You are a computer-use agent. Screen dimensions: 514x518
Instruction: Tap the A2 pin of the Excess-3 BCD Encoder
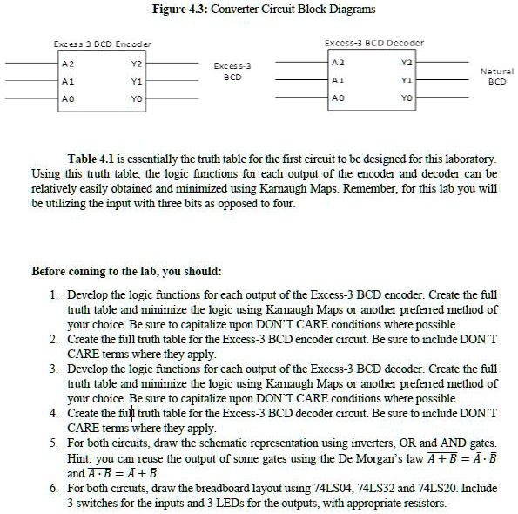tap(66, 63)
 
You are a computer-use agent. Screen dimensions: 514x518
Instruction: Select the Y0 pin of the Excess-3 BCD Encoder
tap(135, 99)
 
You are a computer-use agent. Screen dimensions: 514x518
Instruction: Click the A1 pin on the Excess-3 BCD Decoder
tap(337, 80)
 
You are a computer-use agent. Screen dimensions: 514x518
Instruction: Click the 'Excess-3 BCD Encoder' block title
tap(102, 44)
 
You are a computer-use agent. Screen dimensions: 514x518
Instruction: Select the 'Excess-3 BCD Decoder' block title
tap(373, 42)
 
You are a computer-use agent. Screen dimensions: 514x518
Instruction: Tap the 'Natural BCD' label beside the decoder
tap(496, 75)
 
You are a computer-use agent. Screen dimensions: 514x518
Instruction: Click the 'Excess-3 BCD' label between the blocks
tap(232, 71)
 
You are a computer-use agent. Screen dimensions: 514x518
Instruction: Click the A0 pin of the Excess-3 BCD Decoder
tap(337, 98)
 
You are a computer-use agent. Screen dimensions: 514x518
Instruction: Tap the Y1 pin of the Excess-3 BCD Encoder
tap(135, 81)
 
